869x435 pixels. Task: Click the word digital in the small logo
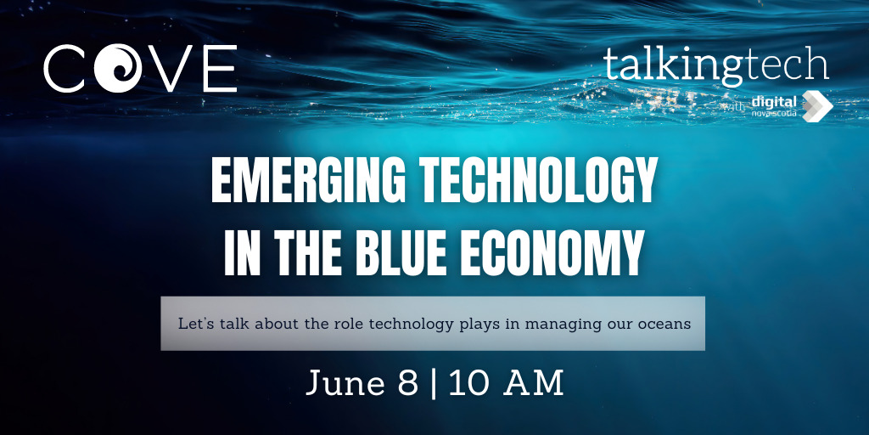773,101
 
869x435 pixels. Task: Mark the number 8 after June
407,383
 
